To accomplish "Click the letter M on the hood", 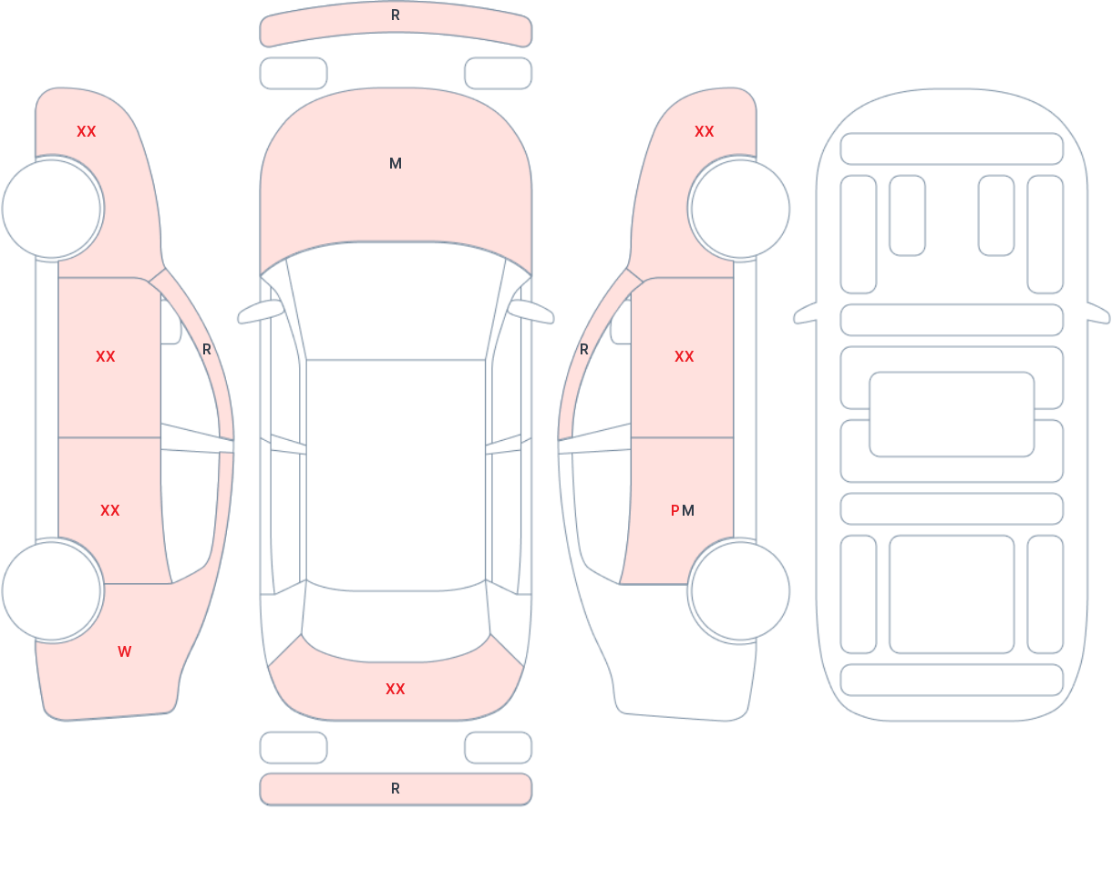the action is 396,164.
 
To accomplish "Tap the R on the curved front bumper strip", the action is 396,15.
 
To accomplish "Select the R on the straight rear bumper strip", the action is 396,789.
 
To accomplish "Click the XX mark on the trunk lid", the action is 396,689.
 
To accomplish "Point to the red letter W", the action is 125,651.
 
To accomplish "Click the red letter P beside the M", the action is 674,511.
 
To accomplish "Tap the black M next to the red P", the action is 688,511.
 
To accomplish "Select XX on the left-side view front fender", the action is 87,132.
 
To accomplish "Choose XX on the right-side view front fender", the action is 705,132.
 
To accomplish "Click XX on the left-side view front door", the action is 106,356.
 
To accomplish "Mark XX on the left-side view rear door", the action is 110,511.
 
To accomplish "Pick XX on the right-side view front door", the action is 685,356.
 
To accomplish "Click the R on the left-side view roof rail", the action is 207,350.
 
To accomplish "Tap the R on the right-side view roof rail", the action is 584,350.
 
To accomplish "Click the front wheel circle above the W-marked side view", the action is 52,209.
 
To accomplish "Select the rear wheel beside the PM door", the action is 740,590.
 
